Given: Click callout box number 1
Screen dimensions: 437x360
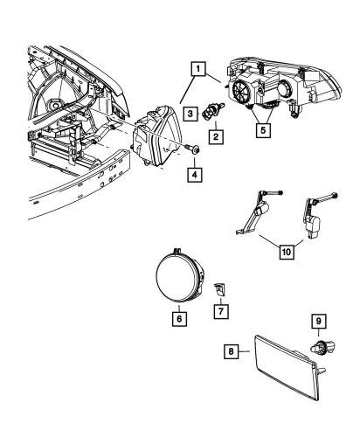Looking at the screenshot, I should pos(200,68).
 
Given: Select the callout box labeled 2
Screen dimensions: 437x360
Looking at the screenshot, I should pos(213,137).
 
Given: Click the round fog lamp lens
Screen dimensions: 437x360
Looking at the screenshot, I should pos(174,273).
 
